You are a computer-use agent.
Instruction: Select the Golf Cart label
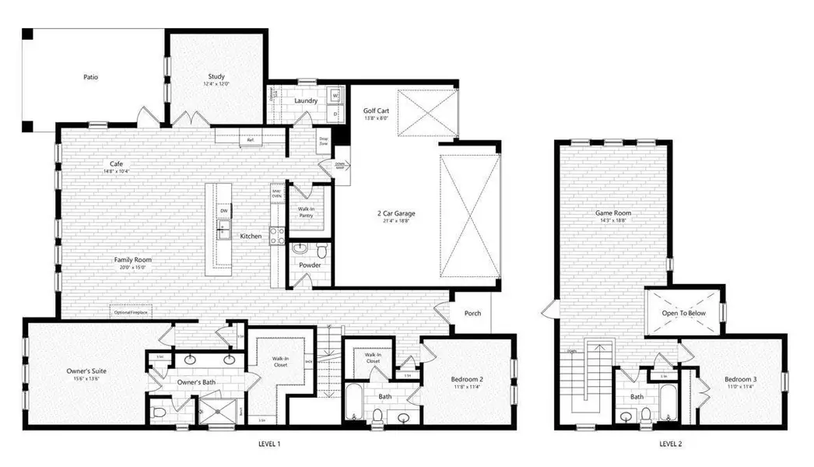376,111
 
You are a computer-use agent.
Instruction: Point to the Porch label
472,314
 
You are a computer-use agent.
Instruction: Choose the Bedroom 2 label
468,380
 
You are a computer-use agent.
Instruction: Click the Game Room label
612,212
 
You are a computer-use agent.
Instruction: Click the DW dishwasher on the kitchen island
223,211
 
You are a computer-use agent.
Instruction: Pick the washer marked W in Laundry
336,96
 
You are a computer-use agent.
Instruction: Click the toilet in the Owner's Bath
158,411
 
